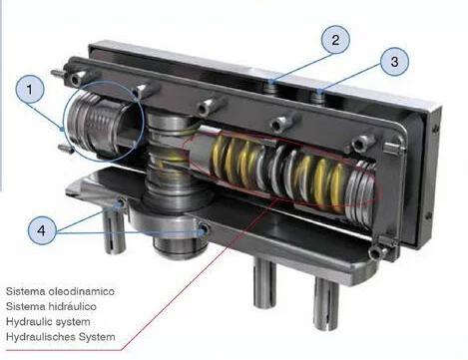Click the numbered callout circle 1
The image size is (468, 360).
[x=30, y=90]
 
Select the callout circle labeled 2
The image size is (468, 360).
[x=335, y=40]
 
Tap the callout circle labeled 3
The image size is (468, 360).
[x=394, y=62]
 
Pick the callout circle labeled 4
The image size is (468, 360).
[x=42, y=230]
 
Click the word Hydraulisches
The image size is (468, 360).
[x=41, y=337]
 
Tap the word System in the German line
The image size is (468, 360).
[x=97, y=337]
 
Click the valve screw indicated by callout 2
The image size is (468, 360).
[x=272, y=87]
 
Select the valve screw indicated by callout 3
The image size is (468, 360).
[x=319, y=96]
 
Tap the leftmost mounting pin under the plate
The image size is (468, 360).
[x=114, y=231]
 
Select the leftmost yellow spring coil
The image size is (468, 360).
[x=219, y=157]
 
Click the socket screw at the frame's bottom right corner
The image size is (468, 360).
[x=376, y=253]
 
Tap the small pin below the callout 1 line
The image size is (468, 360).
[x=66, y=149]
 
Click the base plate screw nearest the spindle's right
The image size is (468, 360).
[x=204, y=229]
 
